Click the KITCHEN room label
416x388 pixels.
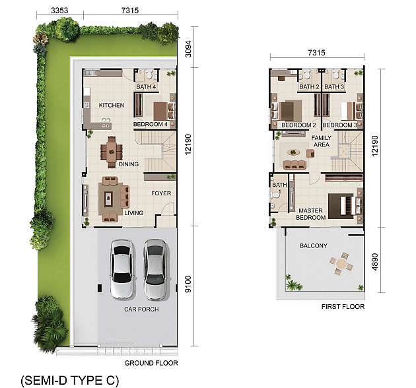point(112,106)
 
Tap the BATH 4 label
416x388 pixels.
point(146,86)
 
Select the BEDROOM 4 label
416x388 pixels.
point(151,124)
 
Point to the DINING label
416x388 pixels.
point(128,164)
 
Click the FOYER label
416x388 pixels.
point(161,193)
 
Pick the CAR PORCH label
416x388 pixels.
point(141,309)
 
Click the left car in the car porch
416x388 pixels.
point(122,269)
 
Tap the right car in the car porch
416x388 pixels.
point(156,269)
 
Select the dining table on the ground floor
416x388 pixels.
point(112,152)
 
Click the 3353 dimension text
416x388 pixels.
point(59,11)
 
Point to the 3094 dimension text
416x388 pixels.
point(188,49)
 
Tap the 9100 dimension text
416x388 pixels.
point(188,284)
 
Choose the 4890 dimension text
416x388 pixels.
point(374,262)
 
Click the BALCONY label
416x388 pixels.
point(314,246)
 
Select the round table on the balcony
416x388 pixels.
point(341,264)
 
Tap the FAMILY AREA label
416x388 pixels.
point(322,141)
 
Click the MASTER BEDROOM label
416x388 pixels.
point(310,214)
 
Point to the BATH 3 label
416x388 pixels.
point(334,86)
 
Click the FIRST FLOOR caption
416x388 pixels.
point(343,307)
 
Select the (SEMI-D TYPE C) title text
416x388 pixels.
point(70,380)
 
